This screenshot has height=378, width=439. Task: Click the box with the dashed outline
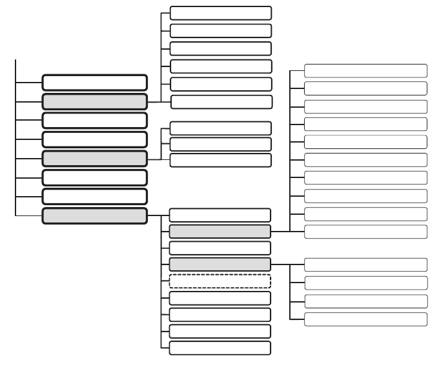[x=219, y=281]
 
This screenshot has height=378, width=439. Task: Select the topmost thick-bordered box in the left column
[x=94, y=82]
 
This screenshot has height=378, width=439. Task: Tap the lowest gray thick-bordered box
[x=94, y=215]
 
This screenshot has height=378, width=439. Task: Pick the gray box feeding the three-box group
[x=94, y=159]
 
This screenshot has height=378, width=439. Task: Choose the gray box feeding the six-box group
[x=94, y=101]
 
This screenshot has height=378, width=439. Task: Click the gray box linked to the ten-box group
[x=219, y=231]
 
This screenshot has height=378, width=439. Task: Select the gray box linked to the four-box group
[x=219, y=264]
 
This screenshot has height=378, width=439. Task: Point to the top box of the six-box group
[x=221, y=13]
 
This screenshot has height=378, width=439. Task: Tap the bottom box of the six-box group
[x=221, y=101]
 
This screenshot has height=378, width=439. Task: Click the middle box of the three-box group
[x=221, y=144]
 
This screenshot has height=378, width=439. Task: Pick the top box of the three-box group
[x=221, y=128]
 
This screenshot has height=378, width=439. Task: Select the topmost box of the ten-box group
[x=365, y=70]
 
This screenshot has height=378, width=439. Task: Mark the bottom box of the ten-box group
[x=365, y=231]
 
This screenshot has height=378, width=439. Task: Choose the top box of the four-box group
[x=365, y=264]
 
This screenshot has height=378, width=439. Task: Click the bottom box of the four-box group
[x=365, y=319]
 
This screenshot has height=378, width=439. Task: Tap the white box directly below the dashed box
[x=219, y=297]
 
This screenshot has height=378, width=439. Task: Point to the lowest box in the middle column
[x=219, y=348]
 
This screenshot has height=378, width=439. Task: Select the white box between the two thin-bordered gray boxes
[x=219, y=248]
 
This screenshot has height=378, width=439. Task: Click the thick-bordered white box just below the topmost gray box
[x=94, y=120]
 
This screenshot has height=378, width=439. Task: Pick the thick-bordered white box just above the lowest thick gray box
[x=94, y=196]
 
